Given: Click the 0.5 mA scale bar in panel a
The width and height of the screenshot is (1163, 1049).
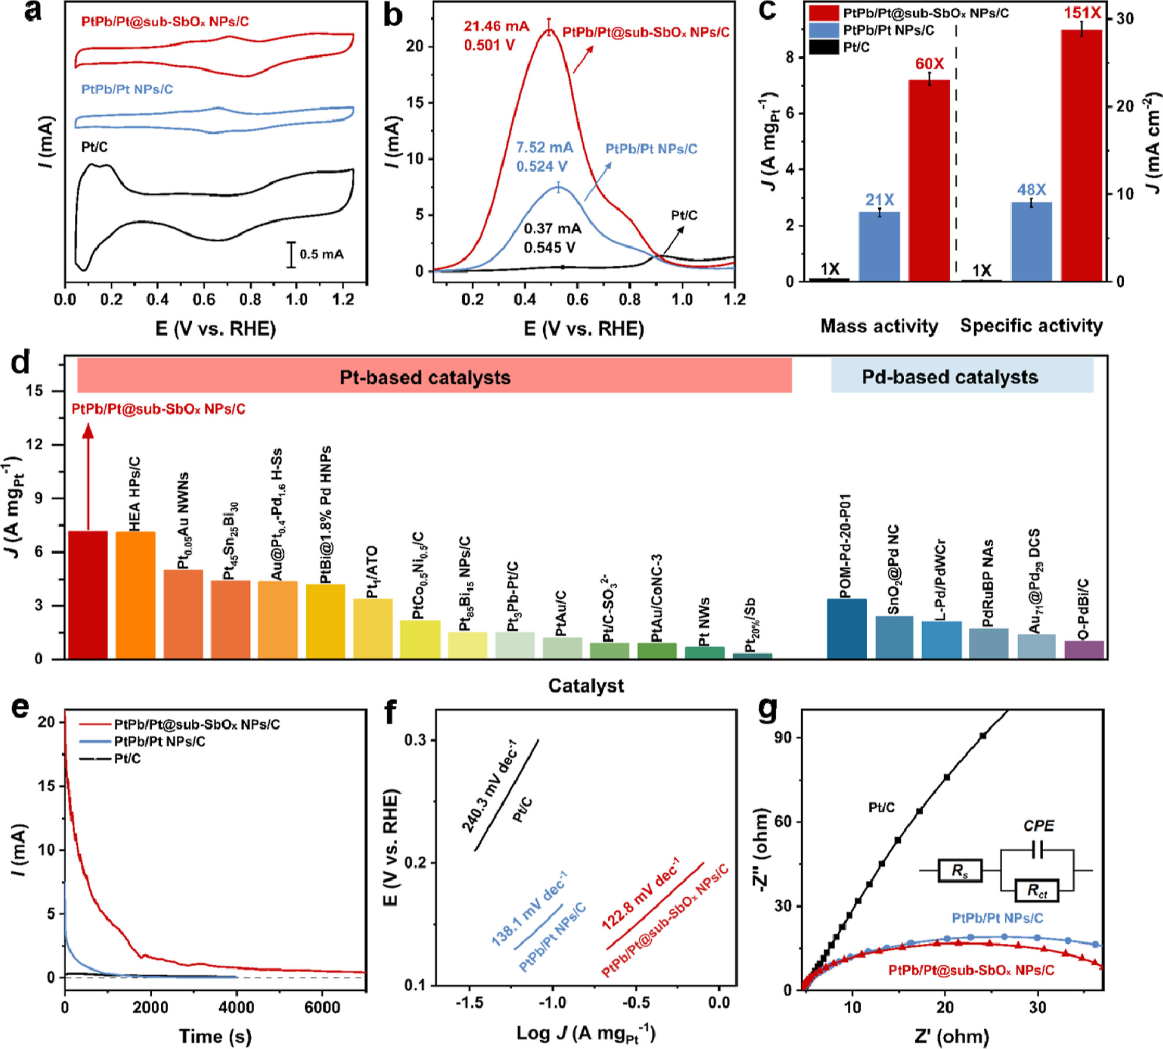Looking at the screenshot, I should pyautogui.click(x=291, y=255).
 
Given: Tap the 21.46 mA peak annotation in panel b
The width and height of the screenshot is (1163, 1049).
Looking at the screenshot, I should pyautogui.click(x=496, y=27).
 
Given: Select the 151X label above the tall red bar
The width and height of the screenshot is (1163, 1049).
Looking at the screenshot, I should pyautogui.click(x=1082, y=13).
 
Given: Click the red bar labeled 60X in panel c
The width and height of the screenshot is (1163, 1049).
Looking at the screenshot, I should pyautogui.click(x=929, y=180).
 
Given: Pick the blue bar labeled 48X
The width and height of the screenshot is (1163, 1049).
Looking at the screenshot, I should pyautogui.click(x=1031, y=241).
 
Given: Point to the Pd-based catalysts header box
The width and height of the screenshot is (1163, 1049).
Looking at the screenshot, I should pyautogui.click(x=962, y=376).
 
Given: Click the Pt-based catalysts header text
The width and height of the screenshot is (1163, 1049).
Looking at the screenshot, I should pyautogui.click(x=425, y=377).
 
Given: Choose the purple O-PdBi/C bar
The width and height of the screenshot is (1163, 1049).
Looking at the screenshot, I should pyautogui.click(x=1084, y=650).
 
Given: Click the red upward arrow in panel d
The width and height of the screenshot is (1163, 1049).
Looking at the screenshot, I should pyautogui.click(x=88, y=477).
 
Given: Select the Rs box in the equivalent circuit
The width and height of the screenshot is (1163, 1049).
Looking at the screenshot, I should pyautogui.click(x=960, y=870).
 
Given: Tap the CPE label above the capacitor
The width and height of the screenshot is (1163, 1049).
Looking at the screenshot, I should pyautogui.click(x=1039, y=826).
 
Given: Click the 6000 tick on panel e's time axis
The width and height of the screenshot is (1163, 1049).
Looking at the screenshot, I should pyautogui.click(x=322, y=1008).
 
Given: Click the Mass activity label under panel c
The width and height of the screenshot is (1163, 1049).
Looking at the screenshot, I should pyautogui.click(x=879, y=326).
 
